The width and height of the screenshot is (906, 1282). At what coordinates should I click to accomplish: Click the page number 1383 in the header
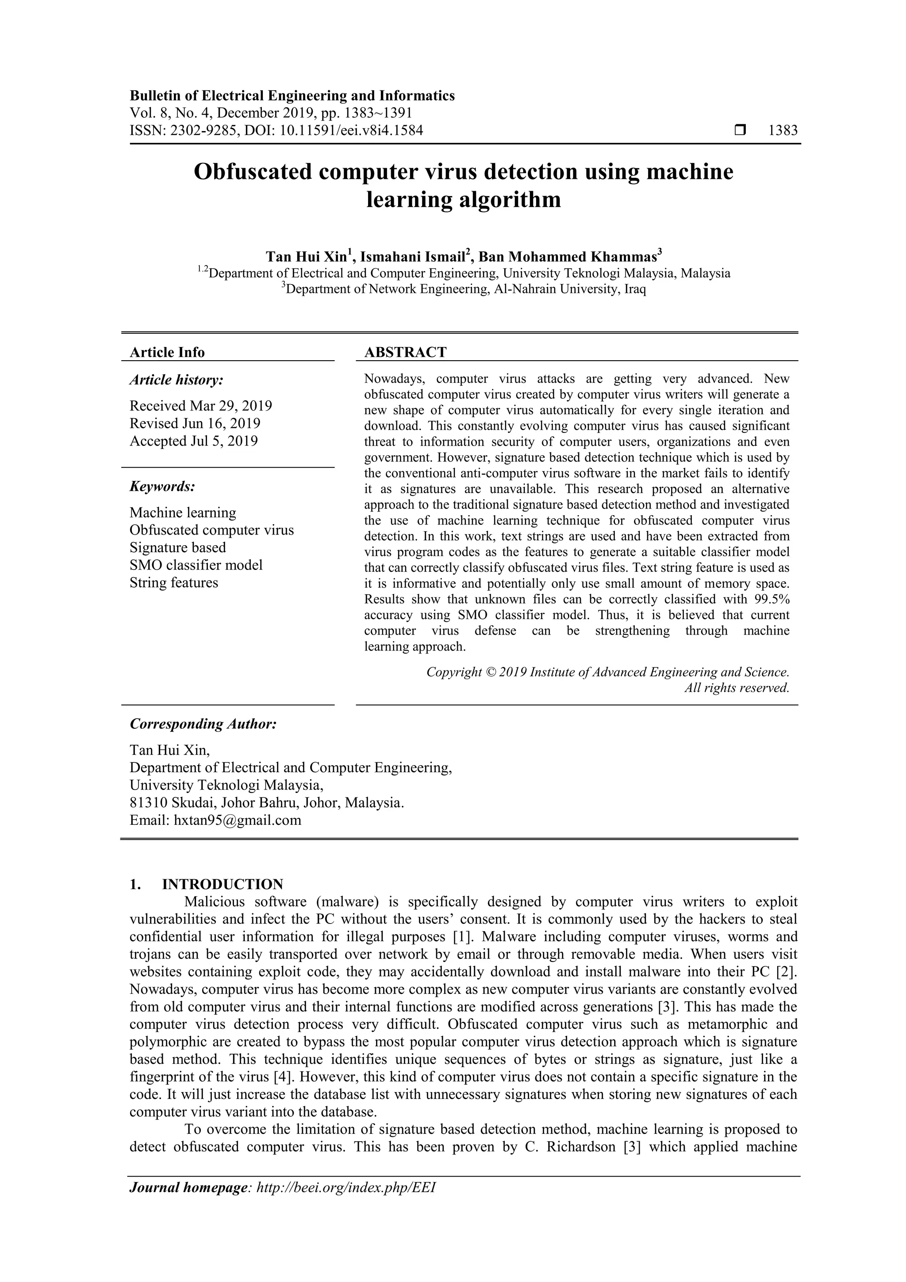tap(783, 131)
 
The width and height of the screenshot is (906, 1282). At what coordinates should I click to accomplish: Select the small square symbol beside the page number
tap(740, 131)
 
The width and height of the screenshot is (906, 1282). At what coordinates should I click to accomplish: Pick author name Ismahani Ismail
tap(414, 257)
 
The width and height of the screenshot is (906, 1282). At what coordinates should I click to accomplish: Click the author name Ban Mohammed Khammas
tap(569, 257)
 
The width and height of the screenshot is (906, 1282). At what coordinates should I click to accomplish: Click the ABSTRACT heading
tap(405, 352)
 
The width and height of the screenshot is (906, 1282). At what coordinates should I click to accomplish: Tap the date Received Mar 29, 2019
tap(201, 405)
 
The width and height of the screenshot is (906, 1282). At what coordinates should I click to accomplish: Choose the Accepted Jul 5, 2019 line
tap(194, 441)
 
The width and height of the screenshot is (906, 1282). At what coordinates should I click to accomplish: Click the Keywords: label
tap(162, 487)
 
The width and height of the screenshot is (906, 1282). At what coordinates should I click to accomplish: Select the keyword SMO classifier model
tap(196, 565)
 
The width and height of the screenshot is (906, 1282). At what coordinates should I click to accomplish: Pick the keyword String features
tap(173, 582)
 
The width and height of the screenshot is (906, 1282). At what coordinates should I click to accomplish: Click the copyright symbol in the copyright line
tap(490, 672)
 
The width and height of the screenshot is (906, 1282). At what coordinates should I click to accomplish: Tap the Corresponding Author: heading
tap(203, 724)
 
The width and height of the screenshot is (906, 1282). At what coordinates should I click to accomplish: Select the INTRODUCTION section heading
tap(222, 885)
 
